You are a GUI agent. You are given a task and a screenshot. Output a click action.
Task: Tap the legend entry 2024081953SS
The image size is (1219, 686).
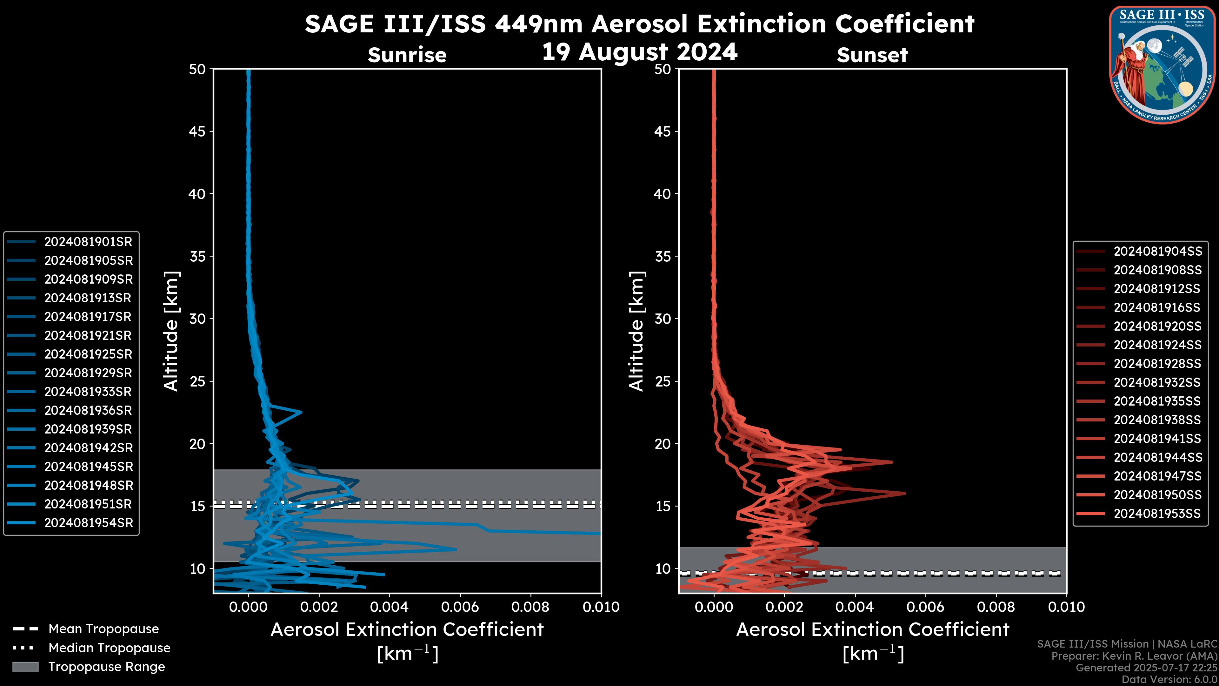point(1157,514)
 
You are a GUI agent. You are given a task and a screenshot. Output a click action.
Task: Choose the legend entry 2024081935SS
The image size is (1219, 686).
point(1157,401)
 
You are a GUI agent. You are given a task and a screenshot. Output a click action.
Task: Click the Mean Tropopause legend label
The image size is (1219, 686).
point(103,629)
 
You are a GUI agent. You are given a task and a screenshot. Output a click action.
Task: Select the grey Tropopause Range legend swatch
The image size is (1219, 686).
point(25,667)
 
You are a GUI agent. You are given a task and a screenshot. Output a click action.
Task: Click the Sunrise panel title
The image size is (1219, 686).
point(407,55)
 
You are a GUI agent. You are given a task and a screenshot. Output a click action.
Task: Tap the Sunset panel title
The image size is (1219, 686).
point(872,55)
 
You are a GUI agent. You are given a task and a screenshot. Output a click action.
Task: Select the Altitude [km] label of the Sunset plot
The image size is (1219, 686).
point(636,331)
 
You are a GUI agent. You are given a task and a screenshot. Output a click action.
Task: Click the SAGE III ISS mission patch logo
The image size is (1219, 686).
point(1162,64)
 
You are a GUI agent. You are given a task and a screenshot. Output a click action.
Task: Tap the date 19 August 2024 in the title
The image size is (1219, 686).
point(639,52)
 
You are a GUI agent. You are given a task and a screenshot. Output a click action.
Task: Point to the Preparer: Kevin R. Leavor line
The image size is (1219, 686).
point(1134,656)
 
